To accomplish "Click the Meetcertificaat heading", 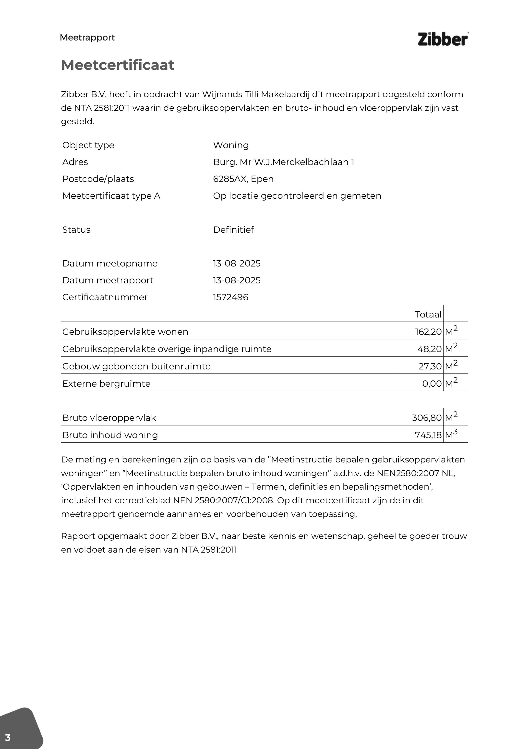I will (x=118, y=65).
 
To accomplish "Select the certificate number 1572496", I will (x=230, y=297).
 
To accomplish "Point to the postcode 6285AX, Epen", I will (x=243, y=179).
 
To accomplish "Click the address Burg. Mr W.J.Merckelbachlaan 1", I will (x=283, y=162).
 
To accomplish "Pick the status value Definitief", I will (x=233, y=230).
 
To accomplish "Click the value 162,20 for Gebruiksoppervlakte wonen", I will (x=428, y=332).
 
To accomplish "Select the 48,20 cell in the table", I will (x=429, y=349).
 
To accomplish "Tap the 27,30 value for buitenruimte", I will (x=430, y=366).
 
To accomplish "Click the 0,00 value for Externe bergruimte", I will (x=432, y=384).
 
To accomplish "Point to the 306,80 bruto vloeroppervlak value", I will (x=427, y=418).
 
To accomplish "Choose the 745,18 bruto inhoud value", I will (x=428, y=435).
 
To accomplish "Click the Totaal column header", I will (x=428, y=315).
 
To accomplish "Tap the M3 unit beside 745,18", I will (x=451, y=434).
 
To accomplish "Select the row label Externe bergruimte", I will (x=106, y=384).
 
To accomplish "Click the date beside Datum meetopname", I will (x=237, y=264).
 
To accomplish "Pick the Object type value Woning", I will (x=231, y=145).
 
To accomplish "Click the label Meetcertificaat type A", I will (x=111, y=196).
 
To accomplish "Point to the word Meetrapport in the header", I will (x=87, y=38).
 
